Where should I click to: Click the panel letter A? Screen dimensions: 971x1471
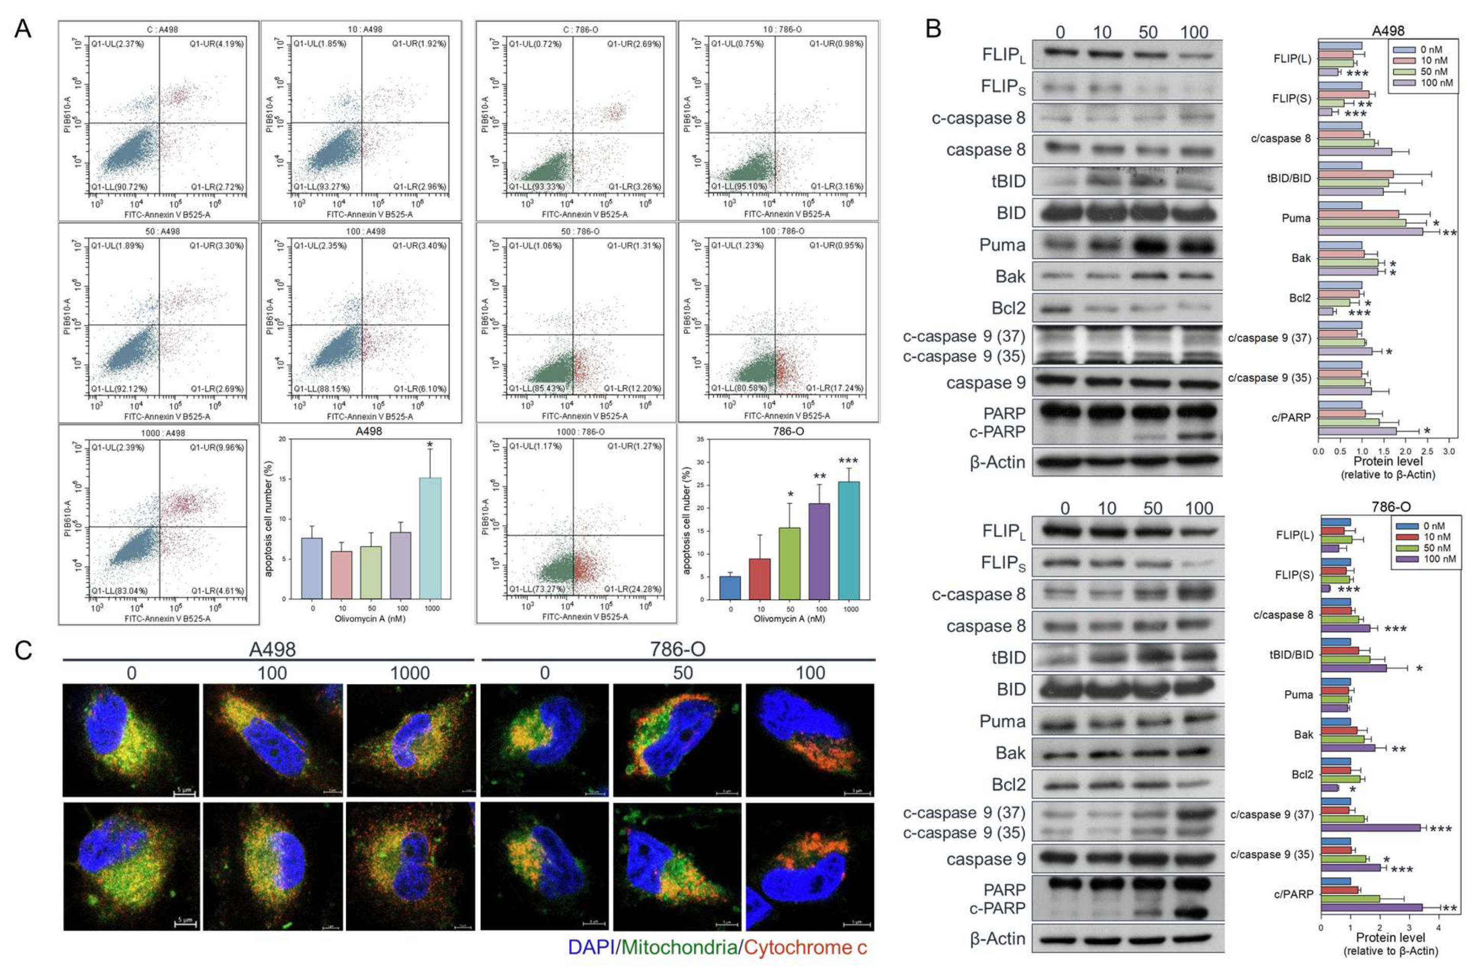click(23, 29)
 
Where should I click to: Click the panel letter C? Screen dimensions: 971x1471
click(23, 650)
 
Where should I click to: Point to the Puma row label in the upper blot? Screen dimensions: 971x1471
click(1002, 245)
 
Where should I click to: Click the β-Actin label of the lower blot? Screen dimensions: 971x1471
click(997, 939)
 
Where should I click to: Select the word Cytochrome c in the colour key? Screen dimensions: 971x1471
click(805, 947)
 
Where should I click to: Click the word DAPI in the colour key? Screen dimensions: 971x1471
click(591, 947)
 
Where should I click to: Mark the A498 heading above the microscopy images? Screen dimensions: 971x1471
click(272, 649)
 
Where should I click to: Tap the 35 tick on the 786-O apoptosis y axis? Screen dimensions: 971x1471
click(701, 440)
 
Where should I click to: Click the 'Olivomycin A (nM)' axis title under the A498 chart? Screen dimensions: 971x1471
click(370, 618)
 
